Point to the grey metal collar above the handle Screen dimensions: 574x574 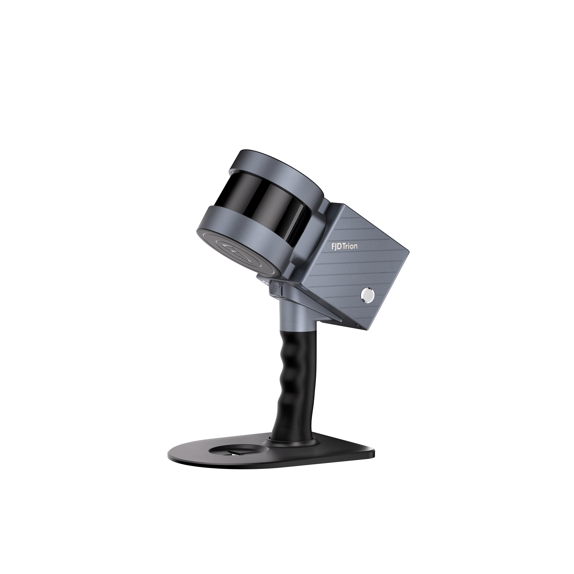pyautogui.click(x=293, y=318)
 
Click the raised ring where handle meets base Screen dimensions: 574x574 pyautogui.click(x=291, y=444)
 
